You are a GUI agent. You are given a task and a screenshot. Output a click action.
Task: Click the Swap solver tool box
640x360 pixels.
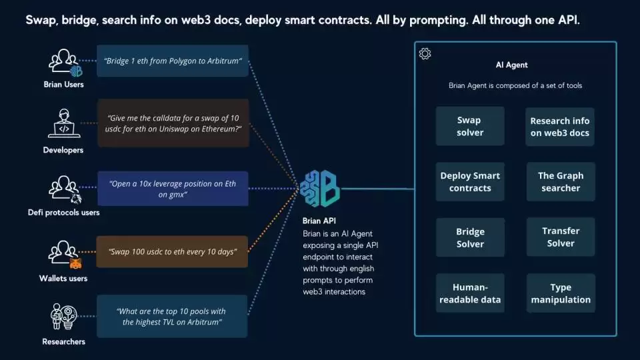coord(470,126)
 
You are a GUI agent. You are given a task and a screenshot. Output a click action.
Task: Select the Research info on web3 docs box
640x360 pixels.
coord(560,126)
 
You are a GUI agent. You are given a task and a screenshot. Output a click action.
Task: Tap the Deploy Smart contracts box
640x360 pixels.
coord(470,182)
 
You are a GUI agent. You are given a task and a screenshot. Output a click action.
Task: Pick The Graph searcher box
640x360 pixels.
coord(560,182)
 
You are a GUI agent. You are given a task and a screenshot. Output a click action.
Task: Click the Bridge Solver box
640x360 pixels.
coord(470,237)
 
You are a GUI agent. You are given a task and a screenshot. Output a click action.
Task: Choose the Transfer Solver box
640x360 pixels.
coord(560,237)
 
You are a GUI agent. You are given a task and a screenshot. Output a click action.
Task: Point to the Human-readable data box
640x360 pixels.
coord(470,293)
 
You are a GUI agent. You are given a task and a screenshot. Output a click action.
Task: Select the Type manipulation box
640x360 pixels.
coord(560,293)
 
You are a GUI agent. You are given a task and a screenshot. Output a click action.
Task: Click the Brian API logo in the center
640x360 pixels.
coord(320,188)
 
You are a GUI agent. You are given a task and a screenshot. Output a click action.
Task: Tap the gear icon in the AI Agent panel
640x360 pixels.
coord(425,54)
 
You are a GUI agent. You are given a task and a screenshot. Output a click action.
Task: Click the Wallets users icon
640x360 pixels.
coord(64,254)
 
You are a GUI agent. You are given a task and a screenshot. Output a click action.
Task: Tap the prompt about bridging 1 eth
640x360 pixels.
coord(173,61)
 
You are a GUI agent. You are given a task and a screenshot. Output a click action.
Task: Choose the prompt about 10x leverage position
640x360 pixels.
coord(173,189)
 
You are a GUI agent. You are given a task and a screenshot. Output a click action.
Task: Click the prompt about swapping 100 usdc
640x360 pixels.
coord(173,251)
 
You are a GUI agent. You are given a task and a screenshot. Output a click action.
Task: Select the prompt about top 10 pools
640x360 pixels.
coord(173,316)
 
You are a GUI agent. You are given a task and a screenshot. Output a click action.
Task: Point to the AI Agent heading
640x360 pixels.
coord(512,65)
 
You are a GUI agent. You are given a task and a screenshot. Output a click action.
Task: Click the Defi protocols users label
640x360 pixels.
coord(64,213)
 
